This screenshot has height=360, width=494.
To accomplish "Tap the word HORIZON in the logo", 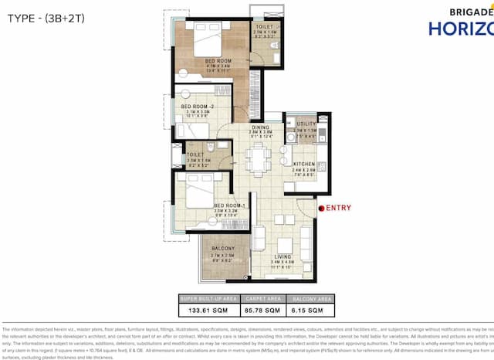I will click(x=461, y=29).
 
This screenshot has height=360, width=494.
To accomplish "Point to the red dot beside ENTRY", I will click(x=321, y=208).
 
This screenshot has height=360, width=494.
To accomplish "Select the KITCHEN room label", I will click(x=303, y=165).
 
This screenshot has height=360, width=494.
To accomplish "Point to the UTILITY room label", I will click(x=306, y=124).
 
